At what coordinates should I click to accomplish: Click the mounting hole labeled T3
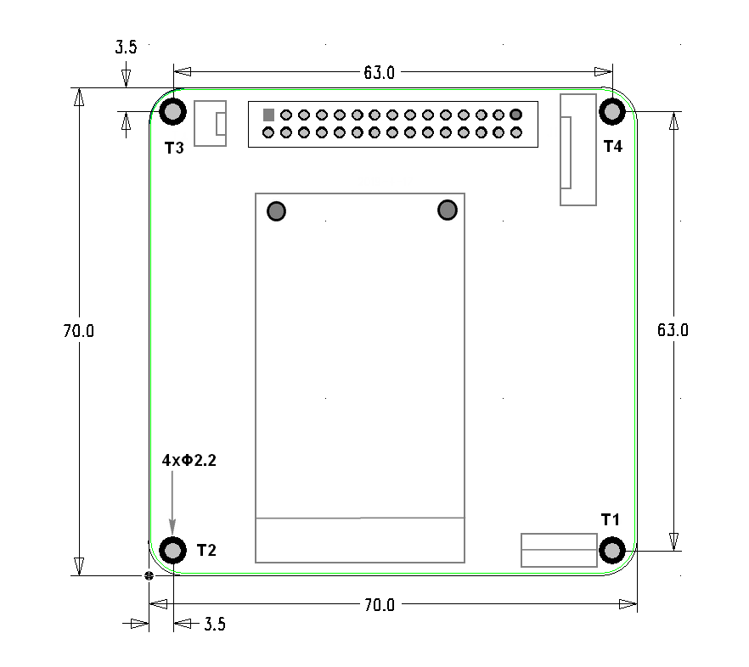click(x=173, y=111)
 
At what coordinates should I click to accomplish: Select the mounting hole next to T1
click(x=611, y=550)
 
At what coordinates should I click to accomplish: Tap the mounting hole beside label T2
click(x=173, y=551)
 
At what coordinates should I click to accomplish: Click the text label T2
click(x=206, y=550)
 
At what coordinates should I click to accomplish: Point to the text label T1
click(x=611, y=518)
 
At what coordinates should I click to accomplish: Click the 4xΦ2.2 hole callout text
click(x=189, y=460)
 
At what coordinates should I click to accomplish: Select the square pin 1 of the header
click(x=268, y=115)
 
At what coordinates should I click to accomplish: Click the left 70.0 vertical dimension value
click(x=78, y=332)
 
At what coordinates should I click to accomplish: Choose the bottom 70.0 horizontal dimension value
click(x=380, y=605)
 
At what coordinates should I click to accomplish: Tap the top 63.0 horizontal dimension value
click(x=380, y=73)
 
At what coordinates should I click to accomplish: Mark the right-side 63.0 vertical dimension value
click(x=673, y=330)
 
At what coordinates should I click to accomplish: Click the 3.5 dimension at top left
click(x=126, y=48)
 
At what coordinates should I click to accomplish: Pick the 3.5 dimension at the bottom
click(x=215, y=625)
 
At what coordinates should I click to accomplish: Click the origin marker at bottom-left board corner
click(x=149, y=575)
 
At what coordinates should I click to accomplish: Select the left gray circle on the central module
click(x=276, y=210)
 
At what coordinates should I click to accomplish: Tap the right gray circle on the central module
click(x=448, y=210)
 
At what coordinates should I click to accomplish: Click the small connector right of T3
click(x=211, y=123)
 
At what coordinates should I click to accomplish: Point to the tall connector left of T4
click(x=577, y=149)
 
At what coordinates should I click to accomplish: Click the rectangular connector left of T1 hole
click(x=559, y=550)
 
